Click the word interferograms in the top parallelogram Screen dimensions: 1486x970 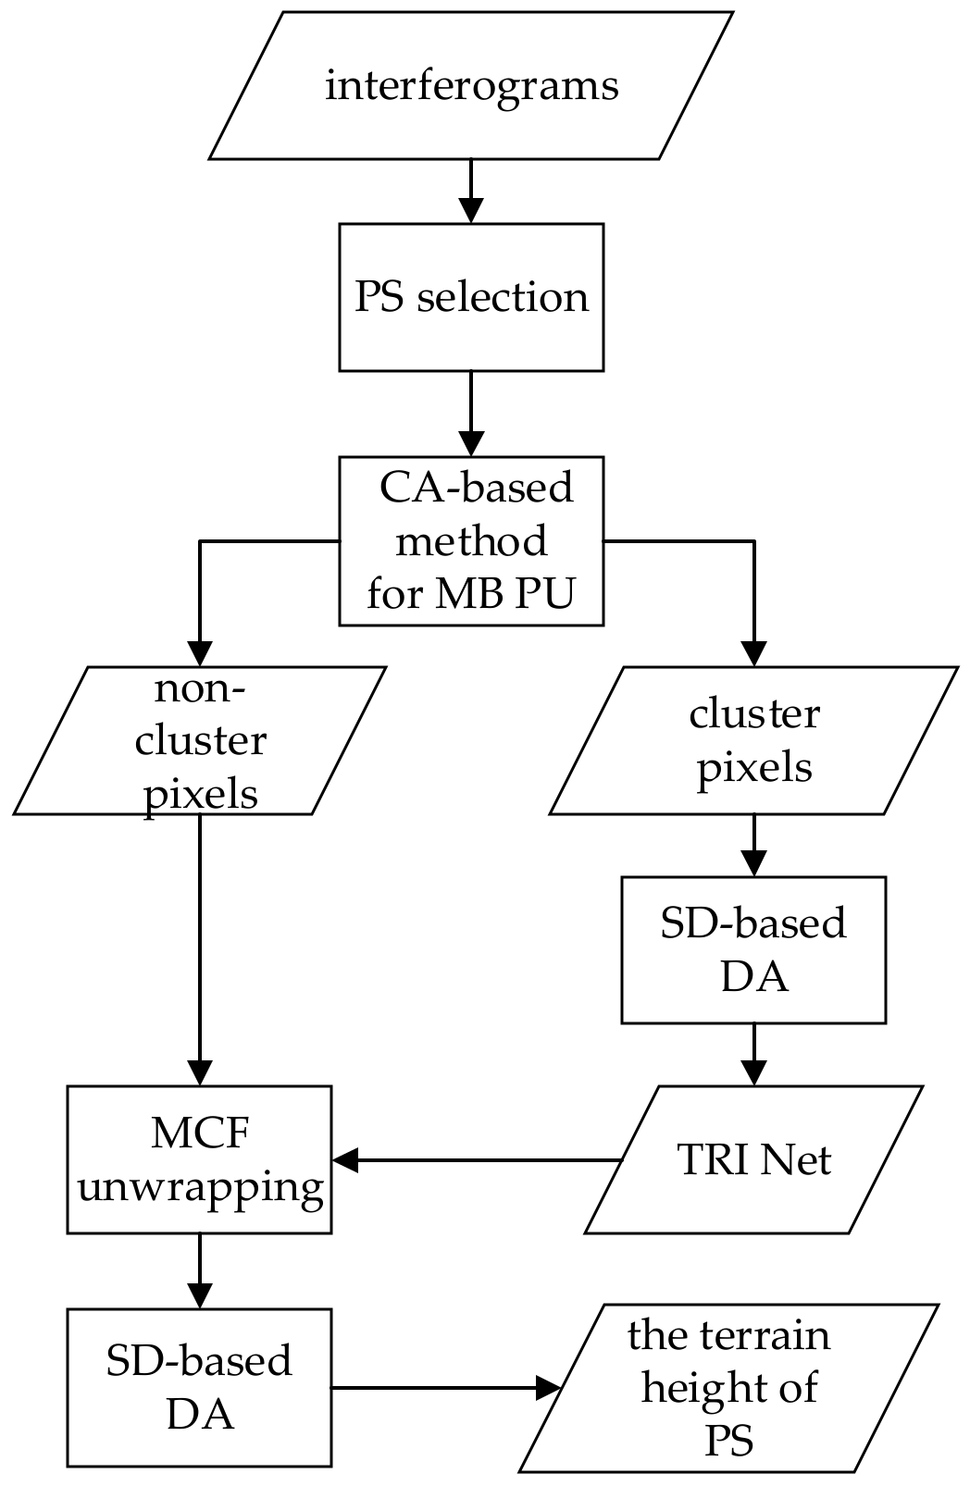[x=471, y=86]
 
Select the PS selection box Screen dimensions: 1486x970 [x=471, y=297]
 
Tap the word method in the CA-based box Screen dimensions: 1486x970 [x=471, y=540]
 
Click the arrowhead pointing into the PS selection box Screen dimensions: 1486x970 [x=471, y=210]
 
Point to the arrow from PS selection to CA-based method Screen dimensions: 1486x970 [x=471, y=412]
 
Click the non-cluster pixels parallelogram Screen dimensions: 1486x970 [x=199, y=741]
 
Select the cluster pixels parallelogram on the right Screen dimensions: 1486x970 [x=753, y=741]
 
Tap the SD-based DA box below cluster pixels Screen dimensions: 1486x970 [x=753, y=950]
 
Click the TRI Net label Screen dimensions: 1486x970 [x=753, y=1160]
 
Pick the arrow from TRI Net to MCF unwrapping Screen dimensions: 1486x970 [x=477, y=1159]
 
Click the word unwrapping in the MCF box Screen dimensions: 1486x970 [x=200, y=1186]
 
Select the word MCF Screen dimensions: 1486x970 [x=200, y=1133]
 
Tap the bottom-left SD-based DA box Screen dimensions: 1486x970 [x=199, y=1387]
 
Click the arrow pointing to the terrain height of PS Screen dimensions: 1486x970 [x=444, y=1387]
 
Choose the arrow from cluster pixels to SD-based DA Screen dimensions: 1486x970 [x=753, y=846]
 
